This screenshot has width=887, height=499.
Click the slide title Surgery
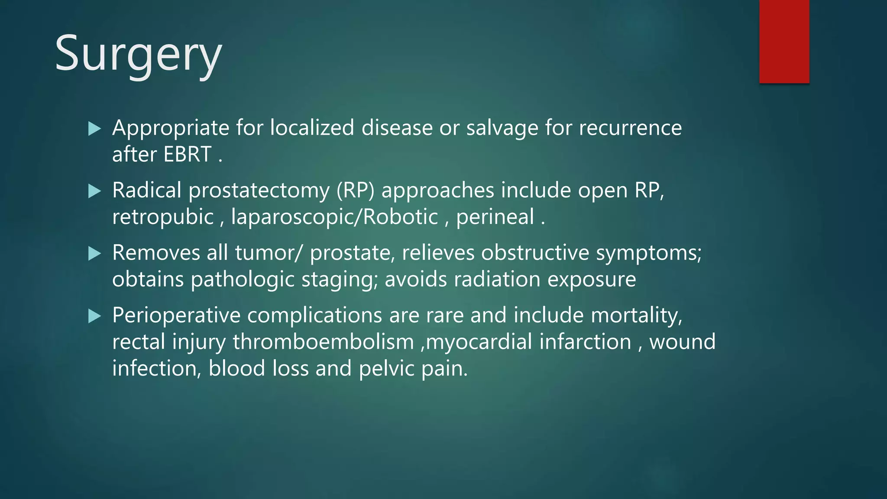pos(138,54)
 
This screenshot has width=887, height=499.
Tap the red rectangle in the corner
pos(784,41)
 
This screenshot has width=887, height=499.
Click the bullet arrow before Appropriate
pos(94,129)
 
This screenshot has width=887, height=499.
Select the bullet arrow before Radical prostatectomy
pos(94,191)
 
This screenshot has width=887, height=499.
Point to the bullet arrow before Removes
pos(94,253)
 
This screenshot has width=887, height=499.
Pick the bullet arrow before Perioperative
pos(94,316)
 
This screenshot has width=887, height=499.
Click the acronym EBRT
pos(188,154)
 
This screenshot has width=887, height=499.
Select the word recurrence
pos(630,128)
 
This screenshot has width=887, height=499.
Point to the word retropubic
pos(163,217)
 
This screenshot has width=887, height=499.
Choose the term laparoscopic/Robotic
pos(334,217)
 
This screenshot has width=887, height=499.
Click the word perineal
pos(495,217)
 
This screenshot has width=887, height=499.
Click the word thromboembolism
pos(323,342)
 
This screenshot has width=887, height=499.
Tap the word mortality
pos(636,315)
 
